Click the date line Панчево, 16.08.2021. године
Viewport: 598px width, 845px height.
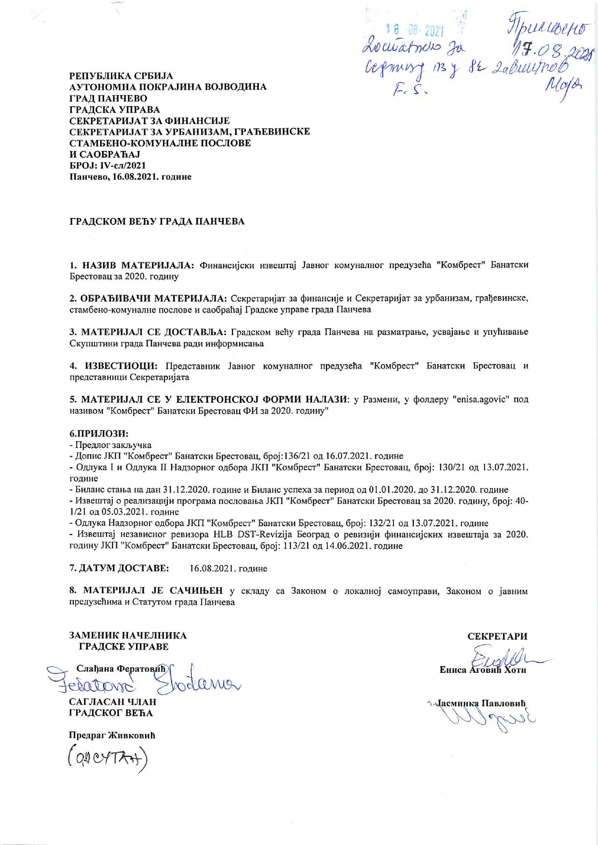click(130, 177)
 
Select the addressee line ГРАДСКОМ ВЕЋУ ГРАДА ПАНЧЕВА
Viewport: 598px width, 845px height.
click(157, 221)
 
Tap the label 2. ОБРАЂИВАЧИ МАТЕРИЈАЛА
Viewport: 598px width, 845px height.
click(148, 299)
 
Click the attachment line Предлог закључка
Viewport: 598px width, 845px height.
click(112, 445)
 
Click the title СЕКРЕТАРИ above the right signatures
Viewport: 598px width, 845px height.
click(497, 636)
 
